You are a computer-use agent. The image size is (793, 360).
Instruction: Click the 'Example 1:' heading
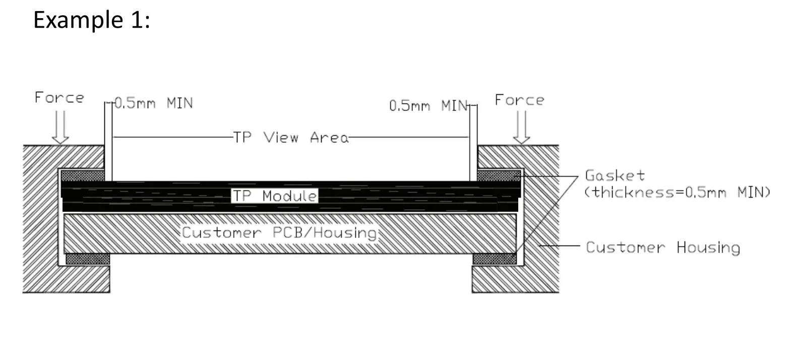tap(91, 21)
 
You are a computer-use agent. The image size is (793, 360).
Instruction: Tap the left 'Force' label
tap(59, 98)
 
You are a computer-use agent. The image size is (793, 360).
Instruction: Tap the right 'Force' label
tap(519, 100)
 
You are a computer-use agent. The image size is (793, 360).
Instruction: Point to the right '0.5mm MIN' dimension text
tap(429, 106)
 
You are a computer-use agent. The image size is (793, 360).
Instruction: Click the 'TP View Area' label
tap(291, 137)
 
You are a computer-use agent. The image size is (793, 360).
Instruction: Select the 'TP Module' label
tap(275, 196)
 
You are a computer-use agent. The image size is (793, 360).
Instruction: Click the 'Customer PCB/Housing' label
tap(279, 232)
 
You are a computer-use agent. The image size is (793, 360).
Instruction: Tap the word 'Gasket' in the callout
tap(615, 175)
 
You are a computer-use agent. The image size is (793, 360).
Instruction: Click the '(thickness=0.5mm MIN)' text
tap(677, 192)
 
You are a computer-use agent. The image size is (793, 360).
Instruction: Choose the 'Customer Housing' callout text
tap(662, 248)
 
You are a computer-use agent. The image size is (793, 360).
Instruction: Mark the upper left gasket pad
tap(82, 175)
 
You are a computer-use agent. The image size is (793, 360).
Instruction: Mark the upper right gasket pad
tap(498, 175)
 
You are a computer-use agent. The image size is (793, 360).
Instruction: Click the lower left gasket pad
tap(88, 259)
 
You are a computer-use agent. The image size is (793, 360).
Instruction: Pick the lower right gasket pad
tap(495, 259)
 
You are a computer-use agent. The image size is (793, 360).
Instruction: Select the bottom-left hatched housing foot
tap(66, 279)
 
